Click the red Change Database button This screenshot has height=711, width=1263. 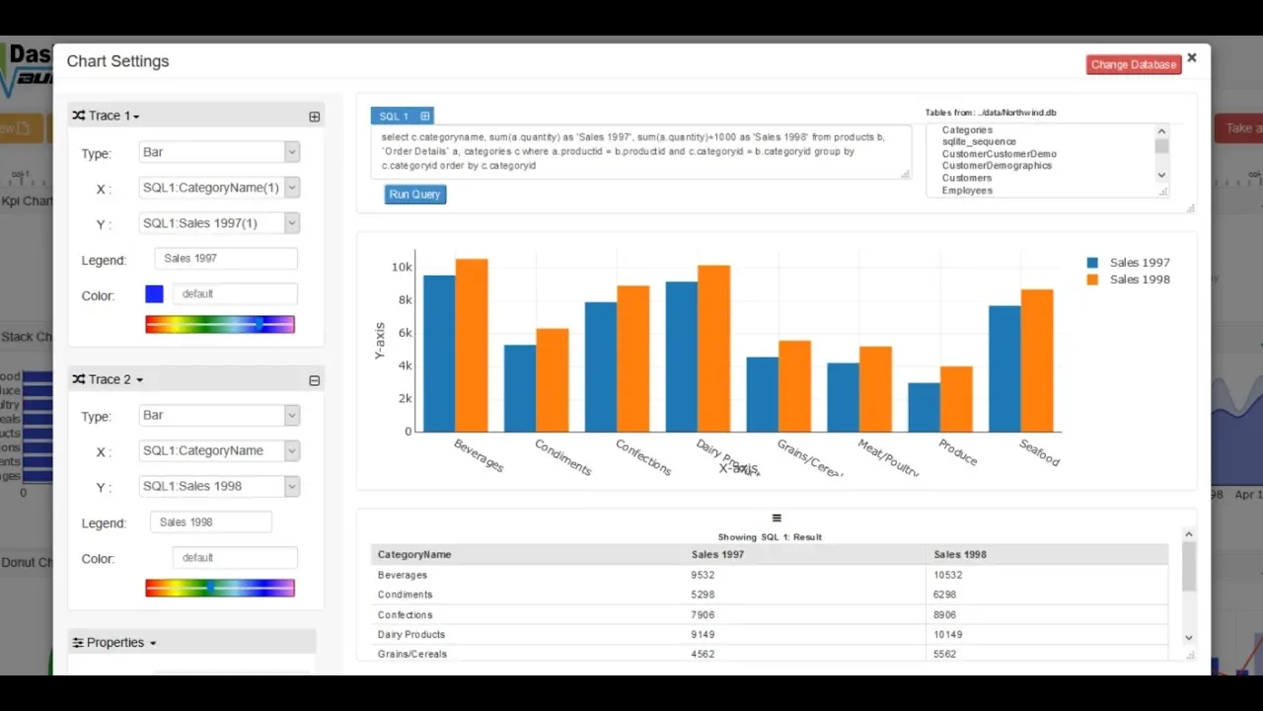click(x=1133, y=64)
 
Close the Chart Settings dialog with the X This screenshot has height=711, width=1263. click(x=1192, y=58)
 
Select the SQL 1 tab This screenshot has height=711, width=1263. click(x=394, y=117)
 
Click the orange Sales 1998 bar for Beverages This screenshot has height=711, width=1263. click(x=472, y=346)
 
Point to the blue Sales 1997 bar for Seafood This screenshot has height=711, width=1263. click(x=1004, y=368)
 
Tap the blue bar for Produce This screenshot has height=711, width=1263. click(x=924, y=407)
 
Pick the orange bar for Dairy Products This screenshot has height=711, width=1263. click(x=713, y=349)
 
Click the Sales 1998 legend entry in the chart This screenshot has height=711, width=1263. click(x=1139, y=279)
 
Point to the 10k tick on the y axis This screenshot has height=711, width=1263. click(x=401, y=267)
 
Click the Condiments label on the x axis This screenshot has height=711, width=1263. click(x=562, y=457)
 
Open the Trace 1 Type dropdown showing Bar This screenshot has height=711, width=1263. click(x=219, y=152)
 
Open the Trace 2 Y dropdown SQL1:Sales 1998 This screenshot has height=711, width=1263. click(x=219, y=486)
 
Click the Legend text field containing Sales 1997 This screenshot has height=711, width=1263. click(x=226, y=259)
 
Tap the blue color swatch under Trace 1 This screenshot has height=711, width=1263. click(x=154, y=294)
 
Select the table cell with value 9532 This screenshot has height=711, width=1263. click(x=703, y=575)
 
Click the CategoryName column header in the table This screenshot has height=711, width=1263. click(x=414, y=554)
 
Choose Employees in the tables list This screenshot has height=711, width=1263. click(x=967, y=191)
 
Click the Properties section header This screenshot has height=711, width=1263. click(x=115, y=643)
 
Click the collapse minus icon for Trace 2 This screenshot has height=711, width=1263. click(x=314, y=380)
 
